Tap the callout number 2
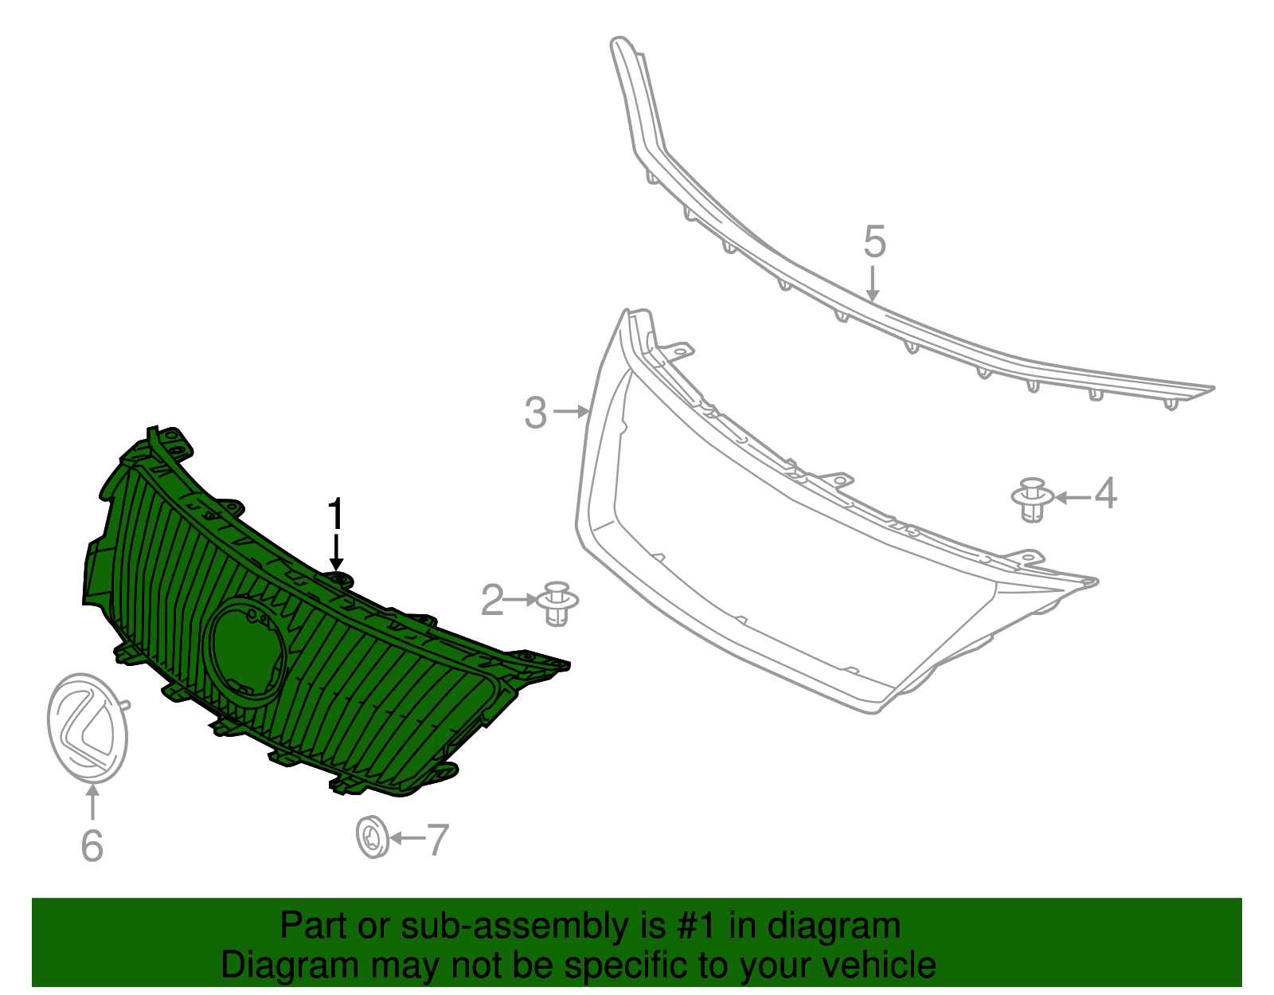coord(493,600)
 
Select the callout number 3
coord(536,413)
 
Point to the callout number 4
coord(1105,494)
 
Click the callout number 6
coord(92,844)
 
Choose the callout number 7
coord(438,840)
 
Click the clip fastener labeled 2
coord(559,603)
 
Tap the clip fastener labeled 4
coord(1032,499)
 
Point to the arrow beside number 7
coord(407,838)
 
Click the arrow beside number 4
coord(1072,498)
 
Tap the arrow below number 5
coord(873,284)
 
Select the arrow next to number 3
coord(571,412)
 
